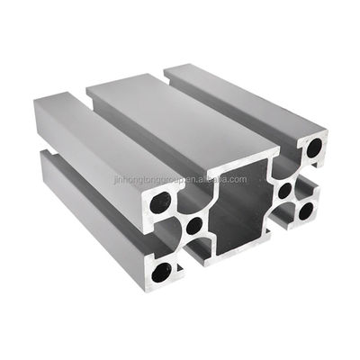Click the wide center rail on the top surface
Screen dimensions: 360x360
tap(180, 117)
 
